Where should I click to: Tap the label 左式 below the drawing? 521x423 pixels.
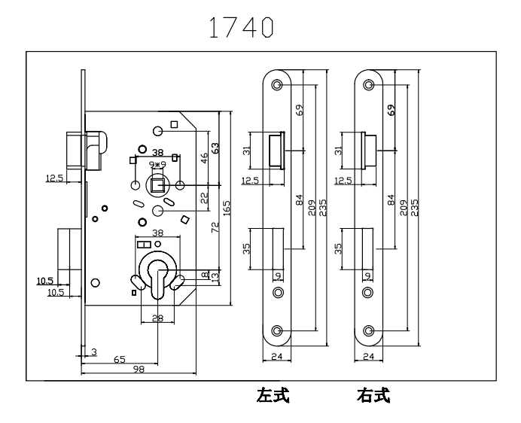coord(273,395)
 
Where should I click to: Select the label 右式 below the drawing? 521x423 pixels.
coord(373,395)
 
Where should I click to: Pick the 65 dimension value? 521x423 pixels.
coord(120,360)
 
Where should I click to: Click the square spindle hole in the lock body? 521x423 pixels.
coord(157,185)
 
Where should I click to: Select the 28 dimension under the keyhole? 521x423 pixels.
coord(157,318)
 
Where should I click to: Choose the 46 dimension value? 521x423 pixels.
coord(205,158)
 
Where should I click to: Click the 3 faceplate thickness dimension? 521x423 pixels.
coord(95,351)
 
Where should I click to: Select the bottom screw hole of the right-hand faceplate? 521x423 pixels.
coord(370,330)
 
